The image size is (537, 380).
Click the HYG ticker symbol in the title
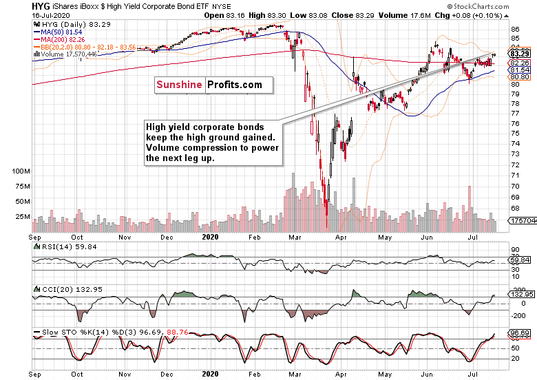pos(13,6)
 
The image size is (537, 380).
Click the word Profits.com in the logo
pos(233,85)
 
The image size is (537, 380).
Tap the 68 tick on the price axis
pos(515,208)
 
